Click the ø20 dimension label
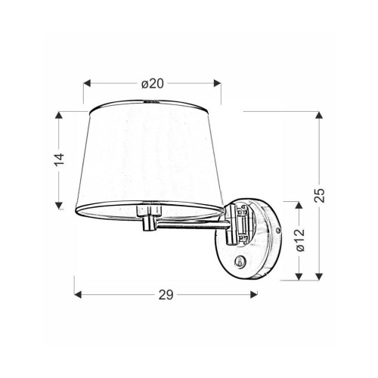pos(153,84)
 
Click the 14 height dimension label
pos(60,160)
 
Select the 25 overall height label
pos(320,195)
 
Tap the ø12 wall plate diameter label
pos(300,240)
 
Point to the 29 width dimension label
pos(166,295)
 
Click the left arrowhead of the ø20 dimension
pos(87,83)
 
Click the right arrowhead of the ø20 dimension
pos(218,83)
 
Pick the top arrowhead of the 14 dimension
pos(59,115)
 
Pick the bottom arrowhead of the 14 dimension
pos(59,206)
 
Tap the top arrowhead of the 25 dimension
pos(319,115)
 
